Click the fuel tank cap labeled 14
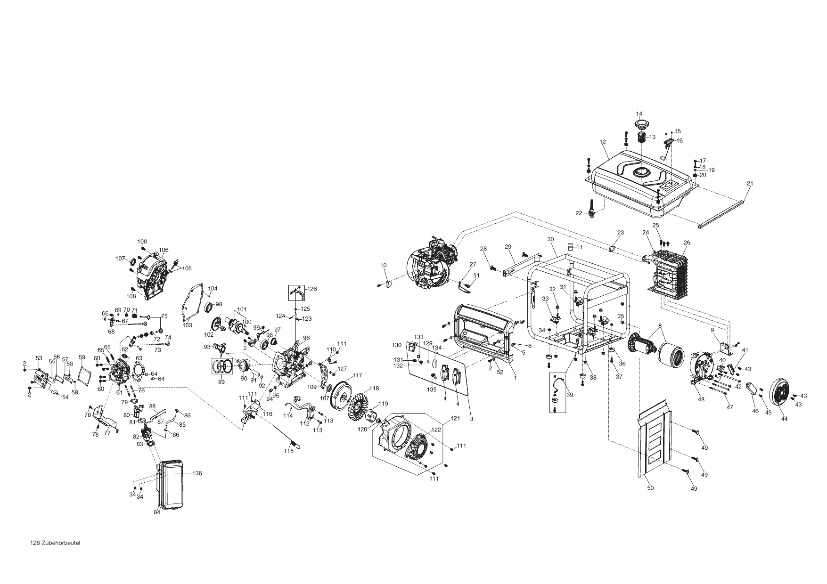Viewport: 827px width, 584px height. (641, 125)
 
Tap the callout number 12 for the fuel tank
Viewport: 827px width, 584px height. (602, 142)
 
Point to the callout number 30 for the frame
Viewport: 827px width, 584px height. (550, 240)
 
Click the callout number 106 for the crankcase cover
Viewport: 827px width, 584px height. (164, 250)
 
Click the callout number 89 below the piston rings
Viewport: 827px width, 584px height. (221, 382)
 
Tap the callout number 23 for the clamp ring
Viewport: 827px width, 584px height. (620, 233)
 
